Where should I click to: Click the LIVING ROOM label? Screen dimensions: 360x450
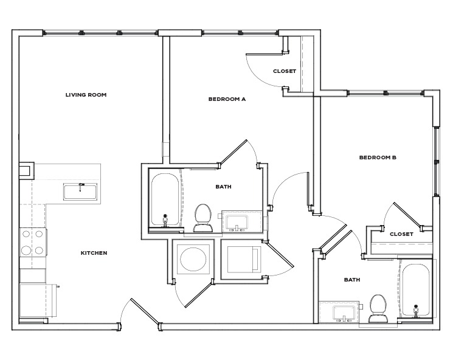coord(86,94)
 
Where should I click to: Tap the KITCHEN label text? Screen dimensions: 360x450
coord(94,252)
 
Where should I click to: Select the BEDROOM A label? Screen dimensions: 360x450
coord(226,99)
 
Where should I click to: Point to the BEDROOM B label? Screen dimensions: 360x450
coord(377,157)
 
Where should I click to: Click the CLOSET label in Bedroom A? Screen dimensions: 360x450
coord(284,71)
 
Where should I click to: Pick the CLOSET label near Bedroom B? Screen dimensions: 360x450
coord(401,234)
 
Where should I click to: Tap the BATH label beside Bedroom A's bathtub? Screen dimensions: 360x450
coord(223,187)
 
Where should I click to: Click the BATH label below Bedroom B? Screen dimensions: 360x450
coord(351,280)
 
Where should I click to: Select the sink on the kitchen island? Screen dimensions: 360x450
coord(80,190)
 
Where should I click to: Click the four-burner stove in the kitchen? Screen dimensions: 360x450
coord(33,241)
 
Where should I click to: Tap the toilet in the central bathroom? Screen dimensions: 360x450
coord(202,217)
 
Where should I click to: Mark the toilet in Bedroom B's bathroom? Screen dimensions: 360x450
coord(378,307)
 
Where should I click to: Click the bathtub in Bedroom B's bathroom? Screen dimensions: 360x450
coord(416,290)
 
